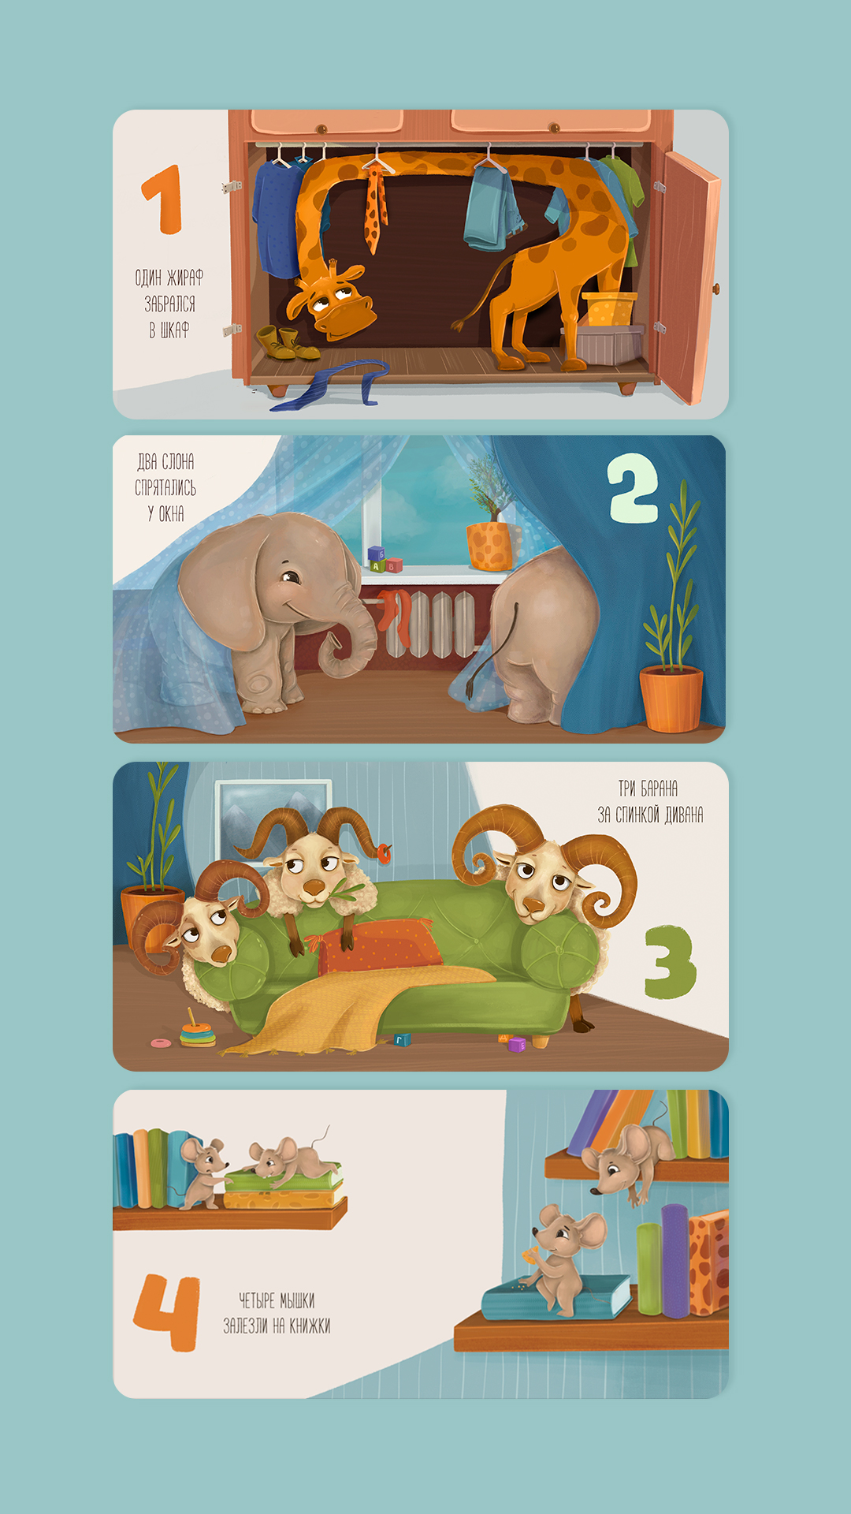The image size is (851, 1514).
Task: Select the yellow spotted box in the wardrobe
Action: [x=609, y=309]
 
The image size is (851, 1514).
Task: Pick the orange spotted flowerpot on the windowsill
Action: [x=490, y=545]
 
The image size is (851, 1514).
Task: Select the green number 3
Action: [x=671, y=962]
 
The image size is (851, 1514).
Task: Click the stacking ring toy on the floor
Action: [x=196, y=1030]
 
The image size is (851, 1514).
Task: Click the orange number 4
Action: [x=166, y=1313]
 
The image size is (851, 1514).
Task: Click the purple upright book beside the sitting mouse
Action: [x=675, y=1260]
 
